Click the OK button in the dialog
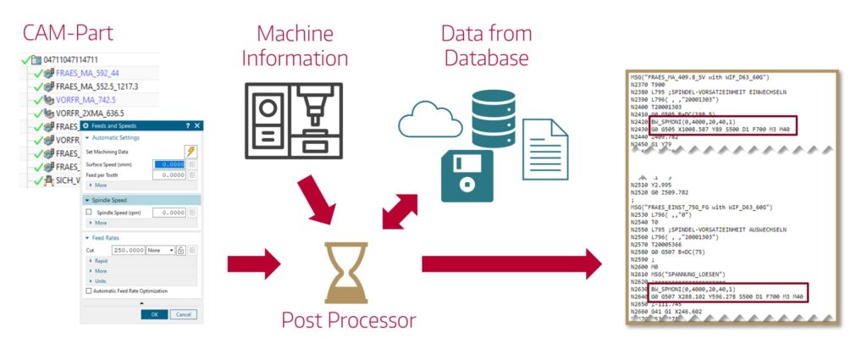click(154, 313)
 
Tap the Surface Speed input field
click(168, 163)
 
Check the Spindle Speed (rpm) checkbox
click(89, 212)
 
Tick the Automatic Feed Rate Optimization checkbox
click(89, 291)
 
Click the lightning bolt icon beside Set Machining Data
click(190, 151)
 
